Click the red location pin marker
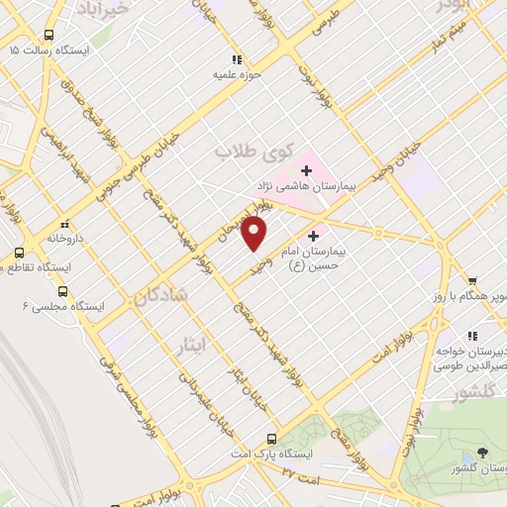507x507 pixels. [x=255, y=234]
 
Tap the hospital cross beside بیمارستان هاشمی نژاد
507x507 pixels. [x=307, y=170]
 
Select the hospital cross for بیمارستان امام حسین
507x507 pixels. [x=315, y=236]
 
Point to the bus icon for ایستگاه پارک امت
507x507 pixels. [x=272, y=439]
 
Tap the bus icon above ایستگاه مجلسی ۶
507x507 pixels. [x=64, y=291]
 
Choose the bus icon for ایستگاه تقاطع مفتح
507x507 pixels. [x=19, y=253]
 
